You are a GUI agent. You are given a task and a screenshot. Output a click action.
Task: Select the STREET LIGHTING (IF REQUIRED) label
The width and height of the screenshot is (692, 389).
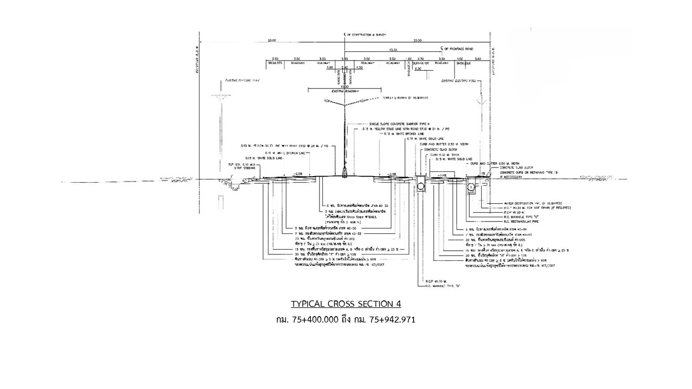[x=405, y=98]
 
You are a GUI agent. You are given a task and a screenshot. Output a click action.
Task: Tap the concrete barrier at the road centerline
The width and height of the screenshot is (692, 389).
[x=345, y=171]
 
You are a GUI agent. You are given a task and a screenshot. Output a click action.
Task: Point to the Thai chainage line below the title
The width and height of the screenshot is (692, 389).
[x=346, y=319]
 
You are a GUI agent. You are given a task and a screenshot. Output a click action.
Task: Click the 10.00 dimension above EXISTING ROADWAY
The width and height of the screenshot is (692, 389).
[x=344, y=86]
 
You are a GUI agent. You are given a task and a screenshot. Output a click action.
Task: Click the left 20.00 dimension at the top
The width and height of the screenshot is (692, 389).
[x=271, y=41]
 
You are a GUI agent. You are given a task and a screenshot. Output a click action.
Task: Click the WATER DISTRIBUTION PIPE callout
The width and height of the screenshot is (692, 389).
[x=514, y=203]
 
